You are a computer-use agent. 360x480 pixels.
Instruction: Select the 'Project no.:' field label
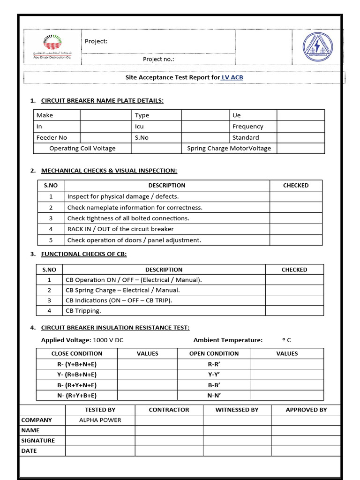click(158, 59)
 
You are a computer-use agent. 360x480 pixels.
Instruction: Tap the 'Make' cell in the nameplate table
click(45, 115)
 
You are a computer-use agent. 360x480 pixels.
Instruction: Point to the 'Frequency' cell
click(248, 127)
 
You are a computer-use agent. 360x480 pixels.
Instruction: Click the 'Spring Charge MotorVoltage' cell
click(229, 149)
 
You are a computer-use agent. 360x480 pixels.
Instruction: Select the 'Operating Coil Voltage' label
click(82, 149)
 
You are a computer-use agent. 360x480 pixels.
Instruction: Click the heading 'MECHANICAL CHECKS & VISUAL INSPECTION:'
click(109, 171)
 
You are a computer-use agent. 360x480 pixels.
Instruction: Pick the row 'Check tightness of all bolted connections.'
click(128, 218)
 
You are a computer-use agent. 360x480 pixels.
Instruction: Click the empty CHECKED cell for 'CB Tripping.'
click(294, 310)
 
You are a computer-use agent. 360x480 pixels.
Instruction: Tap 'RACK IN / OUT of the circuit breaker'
click(120, 229)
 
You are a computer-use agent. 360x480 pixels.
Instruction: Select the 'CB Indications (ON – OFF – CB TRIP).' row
click(119, 300)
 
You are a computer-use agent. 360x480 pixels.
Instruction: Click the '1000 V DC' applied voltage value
click(108, 340)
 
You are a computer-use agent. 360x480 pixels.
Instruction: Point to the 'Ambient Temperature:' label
click(228, 340)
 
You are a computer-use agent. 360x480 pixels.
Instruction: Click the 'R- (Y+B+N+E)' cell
click(77, 364)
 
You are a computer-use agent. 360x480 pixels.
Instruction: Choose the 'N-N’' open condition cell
click(214, 395)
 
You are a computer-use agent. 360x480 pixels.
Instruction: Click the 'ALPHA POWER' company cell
click(100, 420)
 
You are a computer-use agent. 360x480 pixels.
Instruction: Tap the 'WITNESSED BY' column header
click(237, 410)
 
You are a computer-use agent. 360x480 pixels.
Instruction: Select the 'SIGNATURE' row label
click(38, 441)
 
